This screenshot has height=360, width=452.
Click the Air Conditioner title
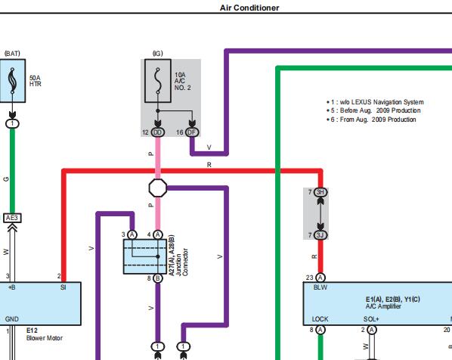pyautogui.click(x=249, y=8)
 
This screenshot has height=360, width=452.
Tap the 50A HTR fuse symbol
pyautogui.click(x=12, y=81)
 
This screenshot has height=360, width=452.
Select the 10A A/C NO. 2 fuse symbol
pyautogui.click(x=158, y=81)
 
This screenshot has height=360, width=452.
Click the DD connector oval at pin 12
pyautogui.click(x=158, y=132)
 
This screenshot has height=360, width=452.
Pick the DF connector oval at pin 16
pyautogui.click(x=192, y=132)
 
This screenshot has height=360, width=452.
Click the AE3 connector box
pyautogui.click(x=12, y=218)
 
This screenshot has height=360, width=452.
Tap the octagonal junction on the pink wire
pyautogui.click(x=158, y=188)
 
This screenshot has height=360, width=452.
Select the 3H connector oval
pyautogui.click(x=320, y=192)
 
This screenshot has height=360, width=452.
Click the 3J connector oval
pyautogui.click(x=320, y=235)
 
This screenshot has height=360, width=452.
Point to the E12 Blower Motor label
pyautogui.click(x=45, y=334)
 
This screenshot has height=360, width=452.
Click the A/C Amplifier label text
pyautogui.click(x=383, y=306)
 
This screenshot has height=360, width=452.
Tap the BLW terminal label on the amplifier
pyautogui.click(x=320, y=287)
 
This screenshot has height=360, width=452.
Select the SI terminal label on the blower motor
pyautogui.click(x=63, y=287)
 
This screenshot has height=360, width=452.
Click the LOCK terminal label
pyautogui.click(x=320, y=319)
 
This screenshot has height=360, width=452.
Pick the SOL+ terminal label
pyautogui.click(x=371, y=319)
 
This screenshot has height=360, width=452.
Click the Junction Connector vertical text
pyautogui.click(x=181, y=262)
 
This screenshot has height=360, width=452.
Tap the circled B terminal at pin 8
pyautogui.click(x=158, y=278)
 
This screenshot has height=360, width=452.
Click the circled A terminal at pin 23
pyautogui.click(x=320, y=278)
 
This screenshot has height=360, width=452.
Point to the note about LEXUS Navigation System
pyautogui.click(x=375, y=102)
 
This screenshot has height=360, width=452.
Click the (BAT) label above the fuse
pyautogui.click(x=12, y=54)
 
